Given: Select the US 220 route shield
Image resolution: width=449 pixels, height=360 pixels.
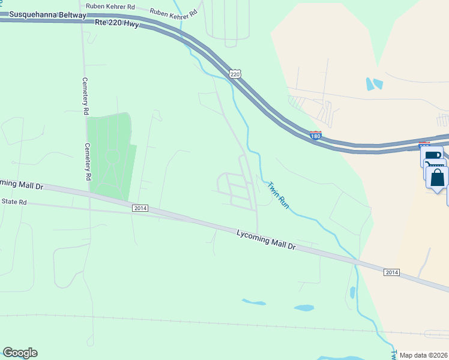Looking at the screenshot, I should click(x=235, y=74).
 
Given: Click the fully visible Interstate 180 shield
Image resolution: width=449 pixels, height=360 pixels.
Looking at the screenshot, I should click(x=316, y=136).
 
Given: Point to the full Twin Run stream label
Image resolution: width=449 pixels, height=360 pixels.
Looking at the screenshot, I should click(x=279, y=196).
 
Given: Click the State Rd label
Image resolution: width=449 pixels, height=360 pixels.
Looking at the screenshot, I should click(x=14, y=202).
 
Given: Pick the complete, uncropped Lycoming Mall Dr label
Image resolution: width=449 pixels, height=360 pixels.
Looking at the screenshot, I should click(x=267, y=239).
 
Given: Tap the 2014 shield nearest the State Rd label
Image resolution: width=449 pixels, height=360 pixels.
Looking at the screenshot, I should click(x=140, y=208).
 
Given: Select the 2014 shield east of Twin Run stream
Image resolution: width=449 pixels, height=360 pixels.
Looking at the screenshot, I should click(x=391, y=272).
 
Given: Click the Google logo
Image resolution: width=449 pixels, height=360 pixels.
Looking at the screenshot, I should click(x=20, y=353).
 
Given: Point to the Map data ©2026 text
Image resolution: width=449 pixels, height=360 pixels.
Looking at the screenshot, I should click(x=423, y=355).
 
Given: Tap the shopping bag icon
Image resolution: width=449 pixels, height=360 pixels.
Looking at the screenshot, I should click(x=438, y=178).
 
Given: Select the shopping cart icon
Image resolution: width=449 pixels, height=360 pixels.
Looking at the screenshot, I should click(x=433, y=163).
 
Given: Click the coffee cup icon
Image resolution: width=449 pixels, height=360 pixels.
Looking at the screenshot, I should click(x=431, y=155).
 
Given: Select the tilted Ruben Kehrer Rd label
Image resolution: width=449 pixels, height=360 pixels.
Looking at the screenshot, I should click(x=173, y=13).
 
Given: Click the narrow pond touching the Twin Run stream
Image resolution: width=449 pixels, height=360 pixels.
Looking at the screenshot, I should click(x=352, y=293).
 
